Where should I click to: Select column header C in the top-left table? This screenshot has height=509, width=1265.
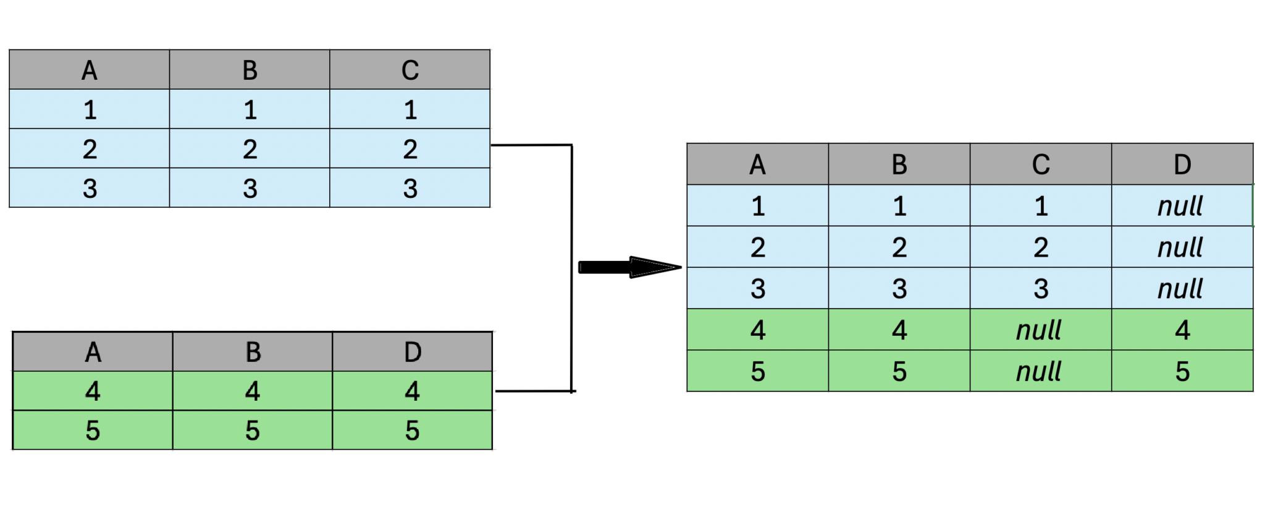pyautogui.click(x=410, y=70)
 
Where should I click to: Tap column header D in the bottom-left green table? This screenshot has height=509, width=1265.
pyautogui.click(x=412, y=352)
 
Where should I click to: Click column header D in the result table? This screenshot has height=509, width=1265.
pyautogui.click(x=1182, y=165)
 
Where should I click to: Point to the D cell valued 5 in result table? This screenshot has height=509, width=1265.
pyautogui.click(x=1182, y=371)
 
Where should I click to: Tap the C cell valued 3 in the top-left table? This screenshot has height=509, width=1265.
pyautogui.click(x=410, y=188)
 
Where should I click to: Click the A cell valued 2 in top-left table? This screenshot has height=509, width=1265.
pyautogui.click(x=90, y=149)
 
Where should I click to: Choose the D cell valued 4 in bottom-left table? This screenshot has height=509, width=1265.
pyautogui.click(x=412, y=391)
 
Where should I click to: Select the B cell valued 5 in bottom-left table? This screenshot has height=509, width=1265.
pyautogui.click(x=252, y=430)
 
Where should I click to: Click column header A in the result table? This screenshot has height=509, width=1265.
pyautogui.click(x=757, y=165)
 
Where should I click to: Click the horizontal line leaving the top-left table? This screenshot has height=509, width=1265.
pyautogui.click(x=531, y=145)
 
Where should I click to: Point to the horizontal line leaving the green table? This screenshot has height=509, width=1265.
pyautogui.click(x=534, y=391)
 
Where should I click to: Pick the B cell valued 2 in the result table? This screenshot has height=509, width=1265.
pyautogui.click(x=899, y=247)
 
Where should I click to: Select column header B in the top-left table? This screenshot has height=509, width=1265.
pyautogui.click(x=250, y=70)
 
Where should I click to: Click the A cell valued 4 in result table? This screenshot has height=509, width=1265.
pyautogui.click(x=757, y=330)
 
